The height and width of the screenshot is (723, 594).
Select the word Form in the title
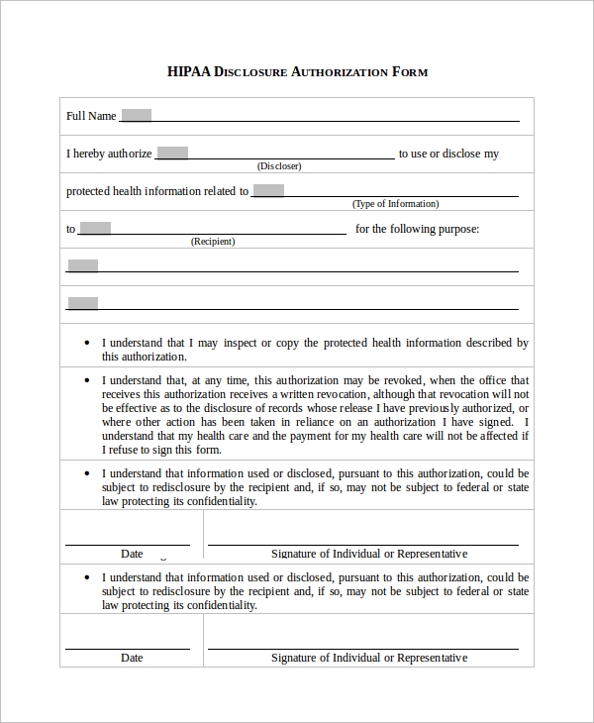click(410, 72)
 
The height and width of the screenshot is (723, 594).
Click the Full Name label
click(91, 116)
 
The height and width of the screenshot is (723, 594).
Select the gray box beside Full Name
click(136, 115)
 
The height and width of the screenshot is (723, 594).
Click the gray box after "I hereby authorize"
click(172, 153)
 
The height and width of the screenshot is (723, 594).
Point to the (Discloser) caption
click(279, 166)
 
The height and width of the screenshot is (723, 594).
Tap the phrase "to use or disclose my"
click(448, 154)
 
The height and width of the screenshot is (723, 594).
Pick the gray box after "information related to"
click(268, 190)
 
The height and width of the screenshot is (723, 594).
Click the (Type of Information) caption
click(395, 204)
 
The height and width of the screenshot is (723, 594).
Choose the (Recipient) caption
click(213, 242)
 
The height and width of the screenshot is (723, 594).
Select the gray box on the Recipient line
click(95, 228)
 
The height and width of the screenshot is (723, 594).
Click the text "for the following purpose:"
click(417, 229)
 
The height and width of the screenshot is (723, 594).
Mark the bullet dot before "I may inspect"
click(89, 344)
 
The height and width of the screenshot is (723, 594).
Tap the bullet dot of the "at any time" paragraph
click(89, 380)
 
